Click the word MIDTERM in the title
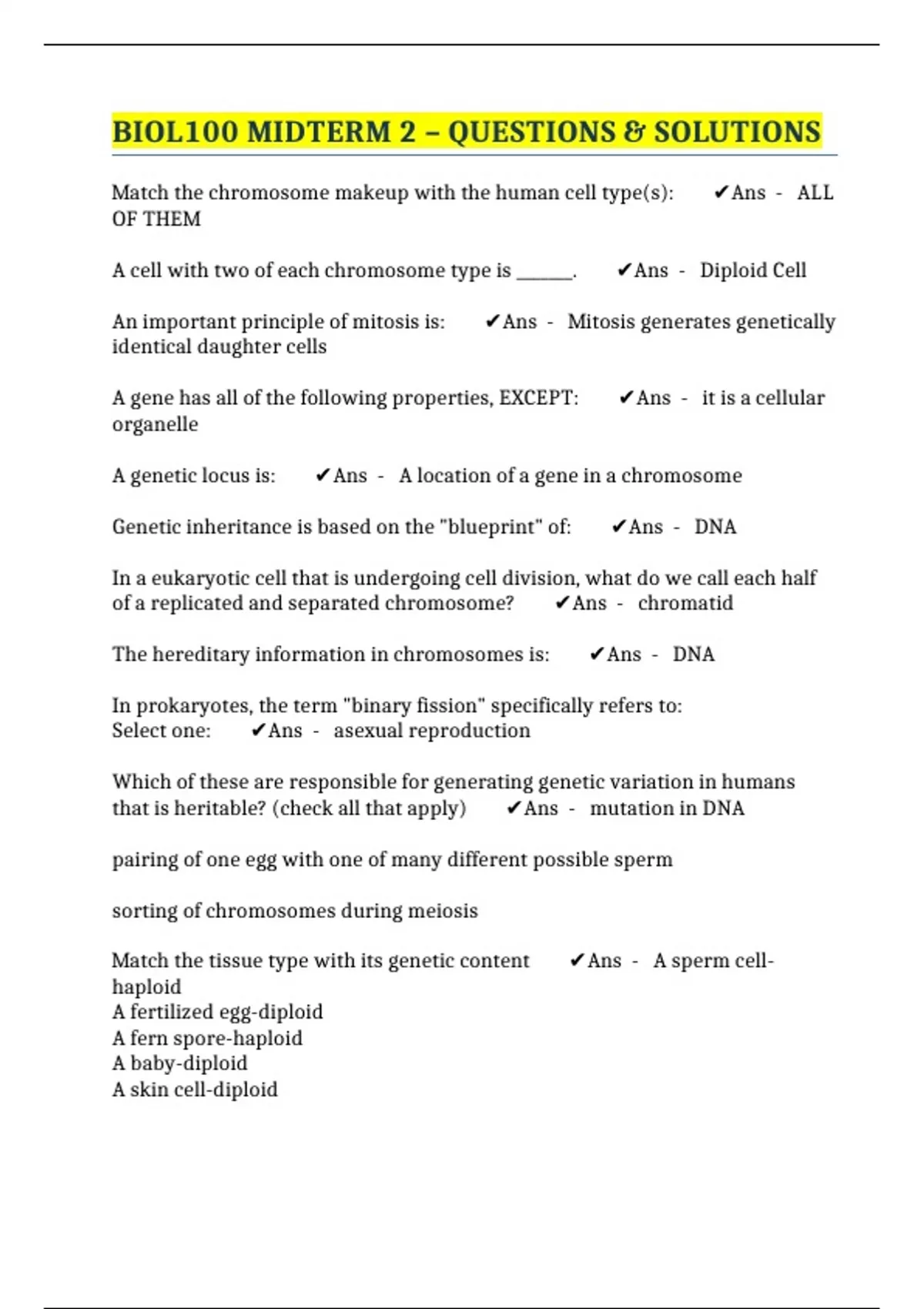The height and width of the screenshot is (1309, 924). [320, 132]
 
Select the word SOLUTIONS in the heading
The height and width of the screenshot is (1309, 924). [737, 132]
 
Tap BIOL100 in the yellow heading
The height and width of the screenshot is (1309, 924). [176, 132]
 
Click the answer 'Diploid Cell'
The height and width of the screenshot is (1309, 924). [752, 270]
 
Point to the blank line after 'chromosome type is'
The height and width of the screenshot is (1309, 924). [544, 273]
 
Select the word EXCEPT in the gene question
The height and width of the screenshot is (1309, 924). [536, 398]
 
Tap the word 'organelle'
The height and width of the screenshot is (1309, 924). [155, 424]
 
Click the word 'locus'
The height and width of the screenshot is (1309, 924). [224, 476]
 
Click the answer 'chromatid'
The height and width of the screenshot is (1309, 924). [685, 603]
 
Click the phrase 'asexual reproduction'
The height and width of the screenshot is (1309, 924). [432, 731]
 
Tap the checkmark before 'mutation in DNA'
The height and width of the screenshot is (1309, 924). [514, 808]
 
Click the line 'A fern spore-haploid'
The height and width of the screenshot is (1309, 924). [207, 1038]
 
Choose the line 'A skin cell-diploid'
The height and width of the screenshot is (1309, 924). [195, 1090]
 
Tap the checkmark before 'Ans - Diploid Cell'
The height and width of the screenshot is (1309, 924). [624, 270]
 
